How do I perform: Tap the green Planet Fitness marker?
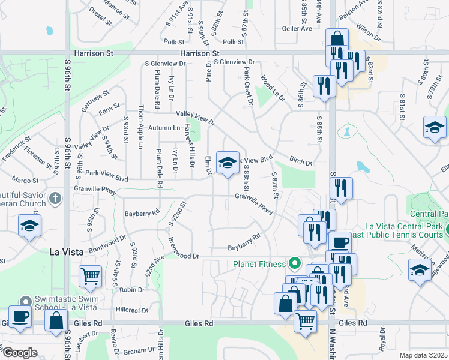pyautogui.click(x=294, y=263)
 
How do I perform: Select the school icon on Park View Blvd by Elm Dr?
pyautogui.click(x=227, y=163)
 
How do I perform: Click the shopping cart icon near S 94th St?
pyautogui.click(x=90, y=277)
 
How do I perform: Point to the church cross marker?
pyautogui.click(x=55, y=198)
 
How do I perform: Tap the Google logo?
pyautogui.click(x=20, y=352)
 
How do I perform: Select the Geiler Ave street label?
pyautogui.click(x=297, y=28)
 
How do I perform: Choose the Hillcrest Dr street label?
pyautogui.click(x=131, y=310)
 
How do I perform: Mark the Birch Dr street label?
pyautogui.click(x=301, y=163)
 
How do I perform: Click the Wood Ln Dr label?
pyautogui.click(x=272, y=88)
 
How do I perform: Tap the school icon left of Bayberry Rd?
pyautogui.click(x=29, y=227)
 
